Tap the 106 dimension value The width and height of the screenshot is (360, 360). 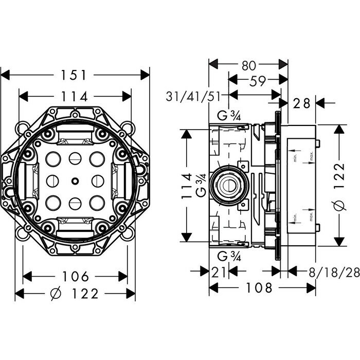coord(75,276)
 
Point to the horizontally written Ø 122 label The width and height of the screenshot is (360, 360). coord(76,294)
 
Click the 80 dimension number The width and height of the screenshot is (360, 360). coord(249,65)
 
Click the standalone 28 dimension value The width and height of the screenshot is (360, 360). coord(302,103)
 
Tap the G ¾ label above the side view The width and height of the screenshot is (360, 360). coord(227,116)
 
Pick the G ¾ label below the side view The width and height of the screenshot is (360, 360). coord(227,256)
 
